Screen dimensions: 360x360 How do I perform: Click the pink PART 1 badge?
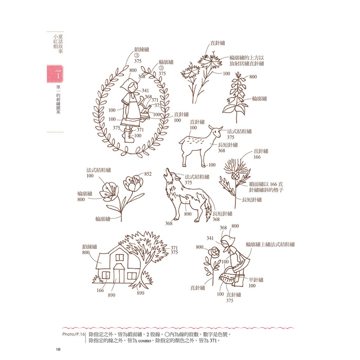[55, 74]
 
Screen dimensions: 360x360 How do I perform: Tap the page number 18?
[58, 349]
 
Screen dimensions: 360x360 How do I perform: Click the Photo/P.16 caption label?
[73, 334]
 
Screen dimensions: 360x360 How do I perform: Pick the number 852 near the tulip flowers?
[148, 174]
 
